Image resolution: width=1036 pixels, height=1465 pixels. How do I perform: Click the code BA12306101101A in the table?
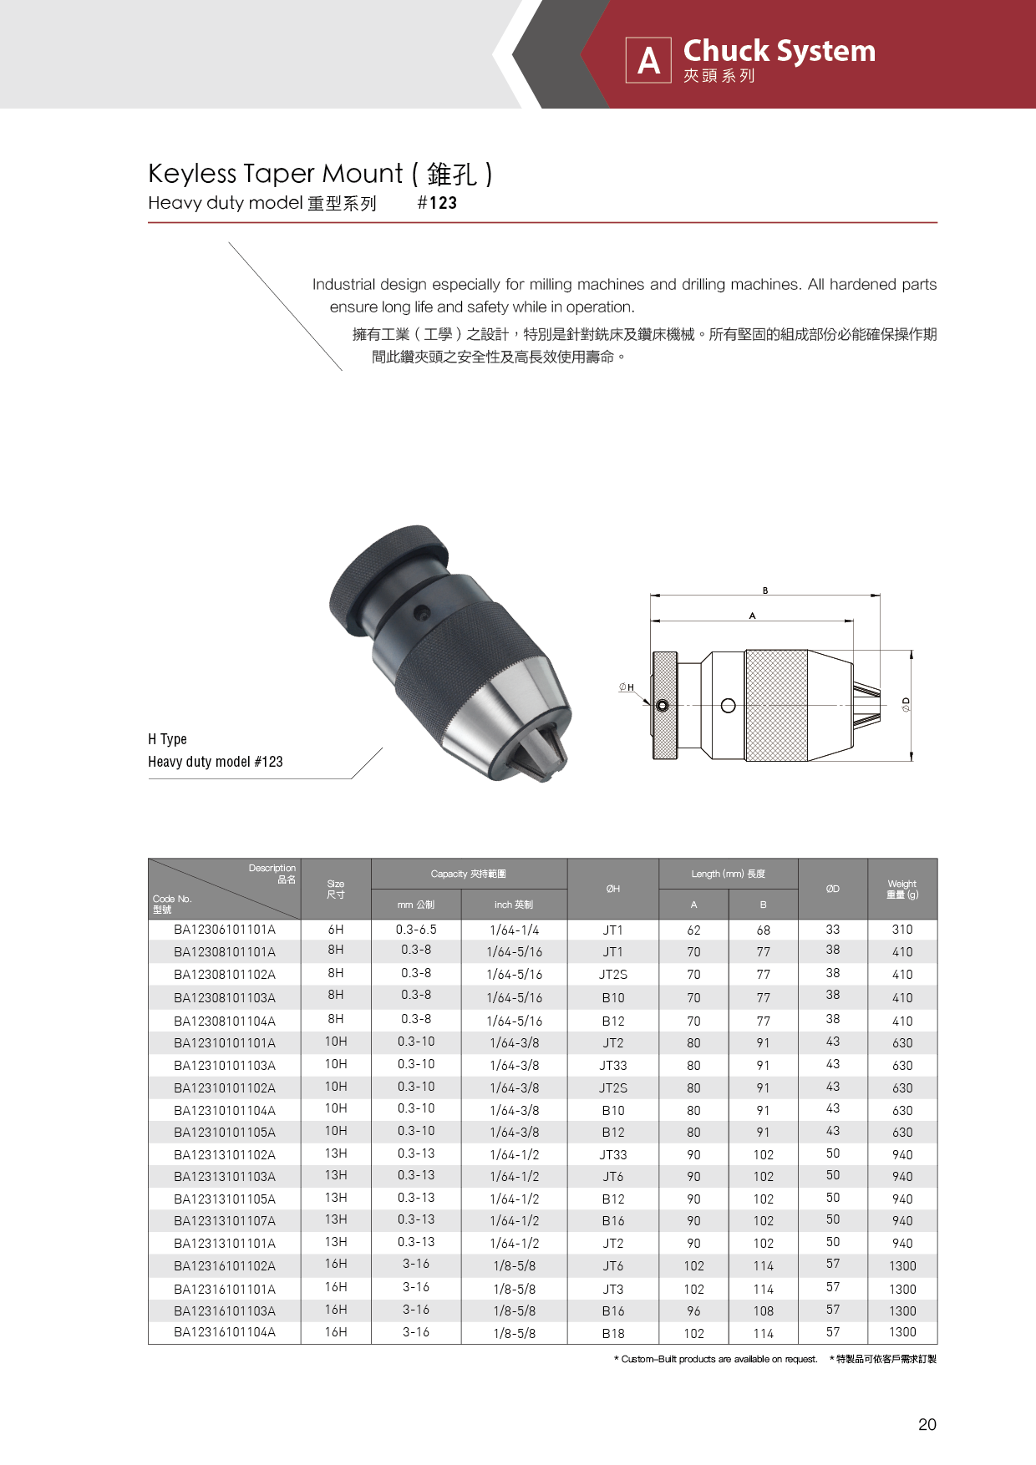[x=224, y=930]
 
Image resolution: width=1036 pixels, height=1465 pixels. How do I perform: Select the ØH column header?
[x=612, y=889]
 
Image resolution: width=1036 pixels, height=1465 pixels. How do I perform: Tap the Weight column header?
[x=902, y=889]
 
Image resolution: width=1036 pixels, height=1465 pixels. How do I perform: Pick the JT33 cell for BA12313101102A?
[x=612, y=1154]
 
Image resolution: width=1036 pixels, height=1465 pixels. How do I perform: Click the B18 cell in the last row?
[x=612, y=1334]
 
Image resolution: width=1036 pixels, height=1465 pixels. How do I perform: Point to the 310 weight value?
[x=902, y=930]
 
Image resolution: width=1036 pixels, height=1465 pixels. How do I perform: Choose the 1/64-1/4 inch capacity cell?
[x=514, y=930]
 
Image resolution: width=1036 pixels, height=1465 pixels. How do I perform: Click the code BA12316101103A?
[x=224, y=1311]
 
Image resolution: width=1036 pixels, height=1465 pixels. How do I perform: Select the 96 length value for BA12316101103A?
[x=693, y=1311]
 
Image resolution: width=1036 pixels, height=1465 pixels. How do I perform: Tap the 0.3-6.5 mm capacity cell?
[x=416, y=930]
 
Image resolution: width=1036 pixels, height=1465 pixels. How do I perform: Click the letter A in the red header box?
[x=648, y=60]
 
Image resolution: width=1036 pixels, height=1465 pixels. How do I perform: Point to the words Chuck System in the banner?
[x=779, y=51]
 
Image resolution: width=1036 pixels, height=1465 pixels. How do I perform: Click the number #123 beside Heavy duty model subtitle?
[x=437, y=203]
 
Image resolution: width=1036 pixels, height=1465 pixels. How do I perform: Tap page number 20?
[x=927, y=1425]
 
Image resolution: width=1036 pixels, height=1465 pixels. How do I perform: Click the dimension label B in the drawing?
[x=764, y=591]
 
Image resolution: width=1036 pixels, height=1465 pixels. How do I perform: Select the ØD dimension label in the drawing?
[x=906, y=705]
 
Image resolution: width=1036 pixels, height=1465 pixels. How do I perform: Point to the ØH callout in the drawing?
[x=626, y=687]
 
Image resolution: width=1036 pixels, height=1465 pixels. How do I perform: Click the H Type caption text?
[x=167, y=739]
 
